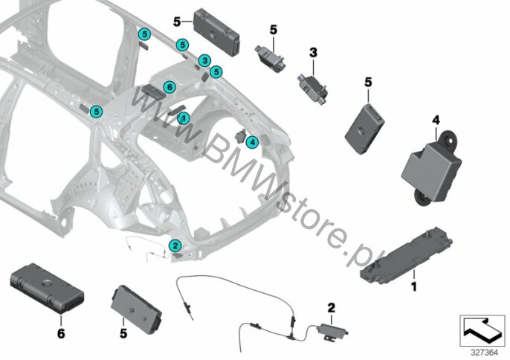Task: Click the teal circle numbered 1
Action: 184,118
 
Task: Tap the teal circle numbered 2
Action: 175,245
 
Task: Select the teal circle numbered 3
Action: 204,60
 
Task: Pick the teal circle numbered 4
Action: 252,142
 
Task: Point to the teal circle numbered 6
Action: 170,87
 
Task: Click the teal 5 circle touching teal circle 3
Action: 216,72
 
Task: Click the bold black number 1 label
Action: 413,287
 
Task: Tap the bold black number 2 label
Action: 331,308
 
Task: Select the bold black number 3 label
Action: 313,52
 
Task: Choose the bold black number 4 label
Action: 436,120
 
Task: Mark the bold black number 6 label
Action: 61,334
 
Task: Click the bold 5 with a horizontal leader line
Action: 177,22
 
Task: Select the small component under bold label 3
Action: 312,89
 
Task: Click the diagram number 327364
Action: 484,353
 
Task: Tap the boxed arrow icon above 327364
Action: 482,330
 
